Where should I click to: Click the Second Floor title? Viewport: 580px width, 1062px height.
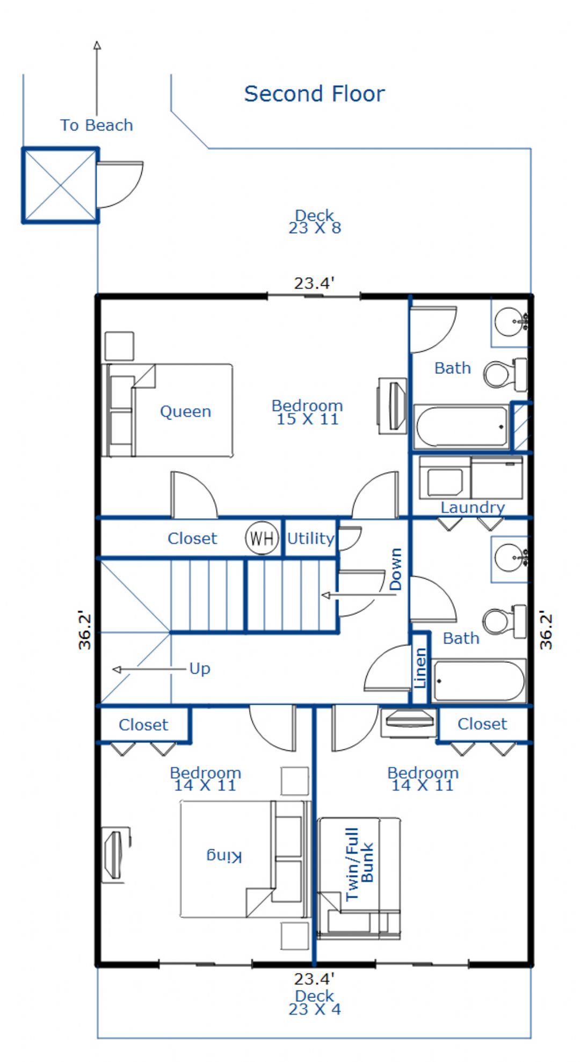pyautogui.click(x=314, y=94)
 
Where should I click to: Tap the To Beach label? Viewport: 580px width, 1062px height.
pyautogui.click(x=97, y=125)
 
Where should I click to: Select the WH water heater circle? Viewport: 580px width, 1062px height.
pyautogui.click(x=262, y=538)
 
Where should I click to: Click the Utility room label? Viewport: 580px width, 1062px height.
pyautogui.click(x=310, y=538)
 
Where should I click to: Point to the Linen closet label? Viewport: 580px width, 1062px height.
pyautogui.click(x=420, y=668)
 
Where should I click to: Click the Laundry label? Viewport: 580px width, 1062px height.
pyautogui.click(x=473, y=508)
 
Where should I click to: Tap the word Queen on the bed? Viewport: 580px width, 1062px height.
pyautogui.click(x=185, y=412)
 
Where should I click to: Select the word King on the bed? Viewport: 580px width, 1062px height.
pyautogui.click(x=224, y=855)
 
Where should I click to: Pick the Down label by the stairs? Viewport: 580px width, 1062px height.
pyautogui.click(x=395, y=569)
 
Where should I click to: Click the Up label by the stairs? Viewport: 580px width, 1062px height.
pyautogui.click(x=200, y=669)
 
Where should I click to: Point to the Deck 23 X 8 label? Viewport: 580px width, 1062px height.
pyautogui.click(x=315, y=222)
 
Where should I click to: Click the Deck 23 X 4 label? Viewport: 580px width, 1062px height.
pyautogui.click(x=315, y=1002)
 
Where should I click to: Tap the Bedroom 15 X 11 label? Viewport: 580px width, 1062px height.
pyautogui.click(x=307, y=412)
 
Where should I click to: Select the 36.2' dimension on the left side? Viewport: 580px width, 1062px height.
pyautogui.click(x=85, y=630)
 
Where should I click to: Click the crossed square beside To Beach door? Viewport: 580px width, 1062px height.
pyautogui.click(x=60, y=185)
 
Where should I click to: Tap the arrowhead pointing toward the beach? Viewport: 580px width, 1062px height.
pyautogui.click(x=97, y=45)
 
